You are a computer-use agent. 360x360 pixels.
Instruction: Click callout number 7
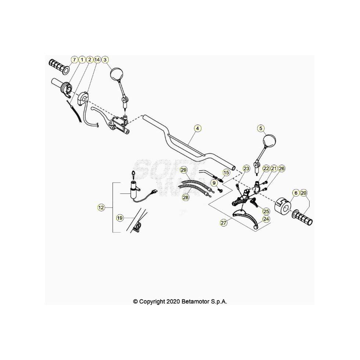coord(74,59)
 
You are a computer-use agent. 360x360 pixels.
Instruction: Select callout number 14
coord(97,59)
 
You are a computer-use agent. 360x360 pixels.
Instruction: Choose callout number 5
coord(260,128)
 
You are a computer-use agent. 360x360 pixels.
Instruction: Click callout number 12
coord(101,208)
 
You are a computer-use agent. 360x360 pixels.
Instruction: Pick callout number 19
coord(120,218)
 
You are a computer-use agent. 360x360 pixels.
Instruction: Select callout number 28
coord(186,198)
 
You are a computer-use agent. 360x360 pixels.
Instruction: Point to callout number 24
coord(266,219)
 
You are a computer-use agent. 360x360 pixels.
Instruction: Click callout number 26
coord(281,168)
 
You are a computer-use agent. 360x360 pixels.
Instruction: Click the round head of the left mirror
coord(118,73)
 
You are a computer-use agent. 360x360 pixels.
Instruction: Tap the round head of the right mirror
coord(269,141)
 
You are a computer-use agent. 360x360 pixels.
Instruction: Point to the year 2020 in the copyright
coord(172,301)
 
